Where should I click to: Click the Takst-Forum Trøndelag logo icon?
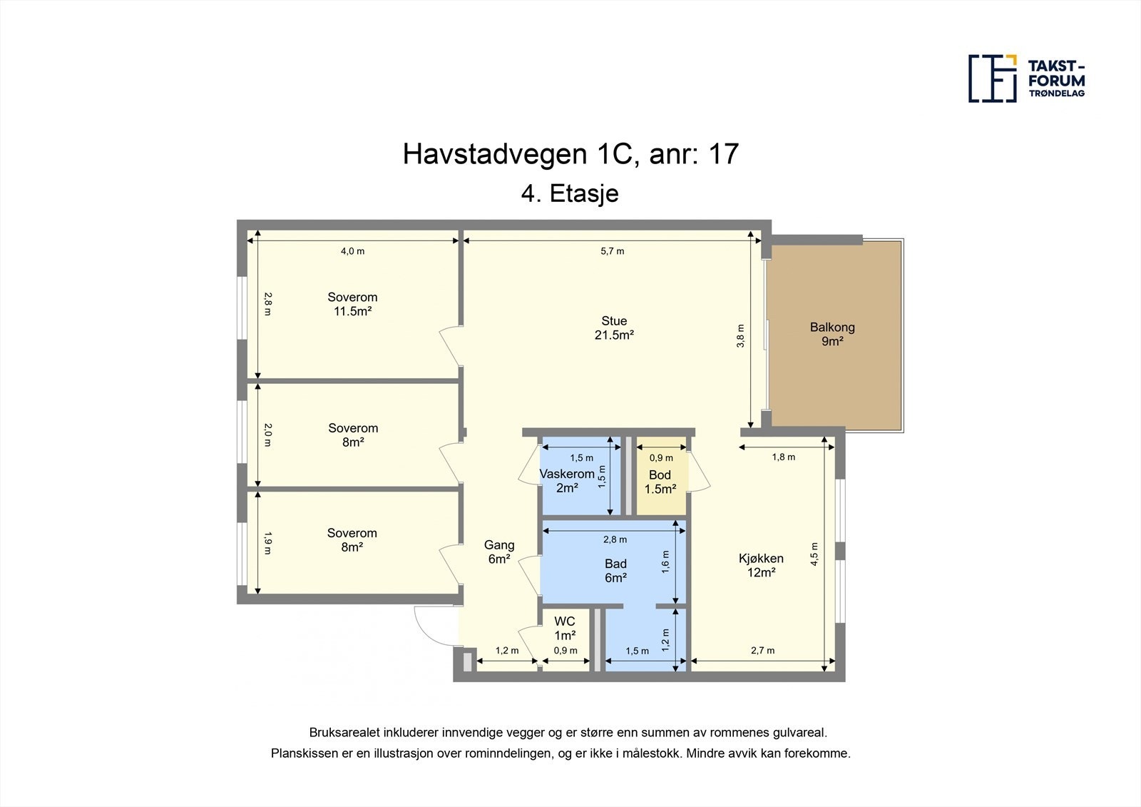point(992,78)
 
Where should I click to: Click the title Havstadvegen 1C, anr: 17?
point(570,154)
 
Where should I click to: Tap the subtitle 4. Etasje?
point(570,193)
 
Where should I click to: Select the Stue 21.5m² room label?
point(614,328)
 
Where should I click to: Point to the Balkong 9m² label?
point(832,334)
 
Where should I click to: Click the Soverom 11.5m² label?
point(352,304)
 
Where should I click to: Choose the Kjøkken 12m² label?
point(761,565)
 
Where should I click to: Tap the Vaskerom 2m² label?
point(567,481)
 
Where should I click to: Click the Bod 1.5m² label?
point(660,482)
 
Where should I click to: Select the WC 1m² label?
point(564,629)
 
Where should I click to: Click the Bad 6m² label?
point(615,571)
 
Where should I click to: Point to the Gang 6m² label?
point(499,552)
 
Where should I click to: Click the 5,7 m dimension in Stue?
point(612,251)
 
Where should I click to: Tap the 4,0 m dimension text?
point(352,251)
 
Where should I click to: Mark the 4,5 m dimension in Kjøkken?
point(814,554)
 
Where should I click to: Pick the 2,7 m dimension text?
point(762,651)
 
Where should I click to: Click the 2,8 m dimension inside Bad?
point(615,539)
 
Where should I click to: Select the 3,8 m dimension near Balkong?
point(740,335)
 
